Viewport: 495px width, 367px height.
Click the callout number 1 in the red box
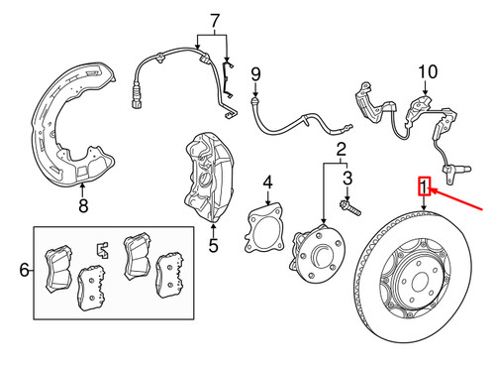pos(425,186)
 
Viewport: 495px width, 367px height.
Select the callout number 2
pos(342,150)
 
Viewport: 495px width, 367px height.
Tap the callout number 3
pos(347,178)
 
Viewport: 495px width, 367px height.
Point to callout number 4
pos(268,183)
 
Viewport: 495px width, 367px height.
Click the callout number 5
pos(214,245)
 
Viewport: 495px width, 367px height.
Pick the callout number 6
pos(25,270)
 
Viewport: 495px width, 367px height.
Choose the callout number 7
pos(215,21)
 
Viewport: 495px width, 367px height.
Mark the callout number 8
pos(83,205)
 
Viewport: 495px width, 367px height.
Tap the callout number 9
pos(255,74)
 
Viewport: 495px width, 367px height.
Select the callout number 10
pos(428,71)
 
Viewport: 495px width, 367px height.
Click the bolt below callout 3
pos(350,208)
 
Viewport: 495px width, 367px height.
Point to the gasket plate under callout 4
pos(264,228)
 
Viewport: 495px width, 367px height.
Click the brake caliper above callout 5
pos(209,177)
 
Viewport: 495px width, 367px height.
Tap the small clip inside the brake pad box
pos(103,250)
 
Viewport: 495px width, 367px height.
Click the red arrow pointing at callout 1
pos(457,199)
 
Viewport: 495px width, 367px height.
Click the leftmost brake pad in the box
pos(58,269)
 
